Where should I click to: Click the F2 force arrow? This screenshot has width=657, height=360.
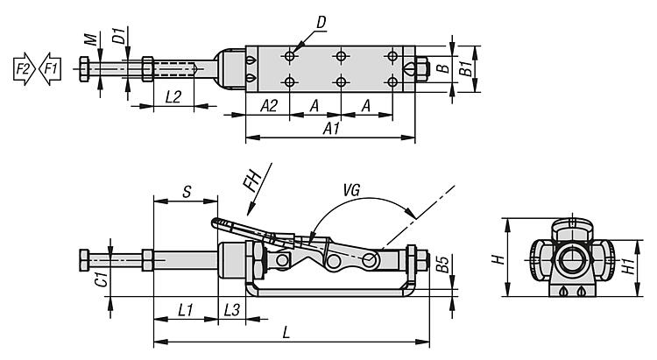tap(25, 68)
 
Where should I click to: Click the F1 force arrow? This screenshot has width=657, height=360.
tap(50, 68)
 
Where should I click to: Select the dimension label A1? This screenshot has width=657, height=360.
tap(331, 129)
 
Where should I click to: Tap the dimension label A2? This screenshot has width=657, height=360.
tap(269, 106)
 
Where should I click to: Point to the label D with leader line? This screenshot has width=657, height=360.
tap(321, 22)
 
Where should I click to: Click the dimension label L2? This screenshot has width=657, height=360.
tap(173, 97)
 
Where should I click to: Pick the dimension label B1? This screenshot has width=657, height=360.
tap(466, 68)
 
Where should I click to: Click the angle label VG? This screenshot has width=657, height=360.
tap(351, 191)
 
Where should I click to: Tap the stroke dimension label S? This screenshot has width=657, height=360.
tap(187, 192)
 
